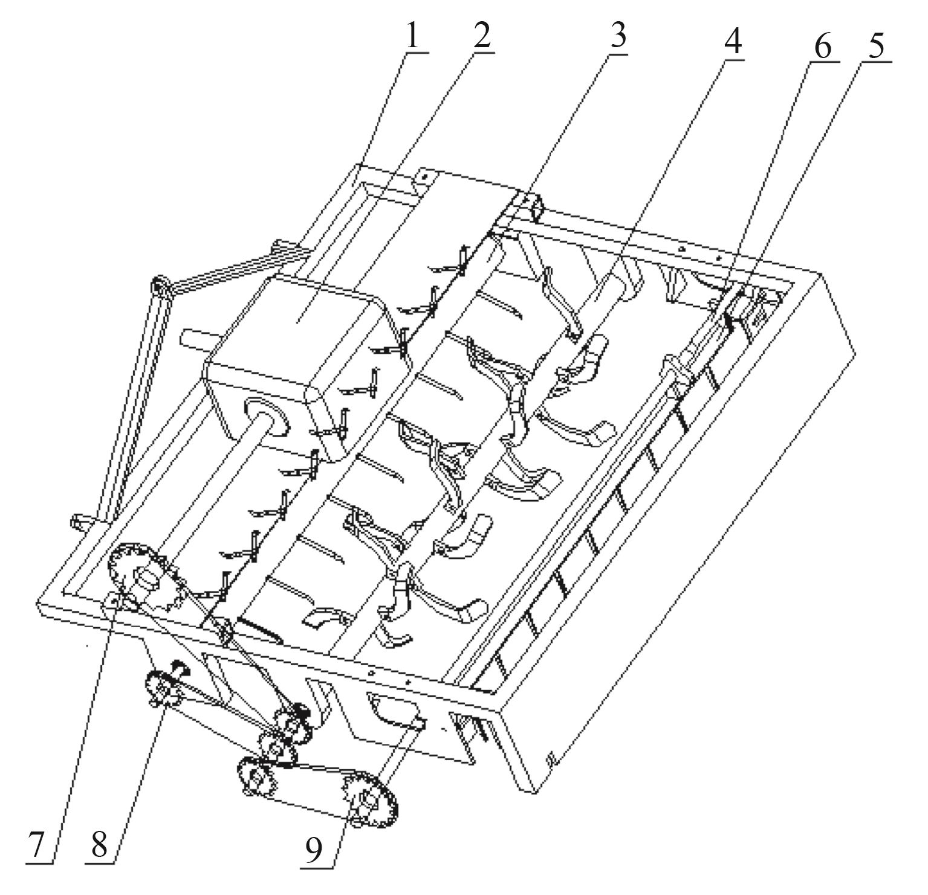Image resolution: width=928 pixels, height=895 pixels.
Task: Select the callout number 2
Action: (x=482, y=37)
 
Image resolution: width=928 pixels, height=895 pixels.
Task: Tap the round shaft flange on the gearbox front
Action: (x=265, y=417)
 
